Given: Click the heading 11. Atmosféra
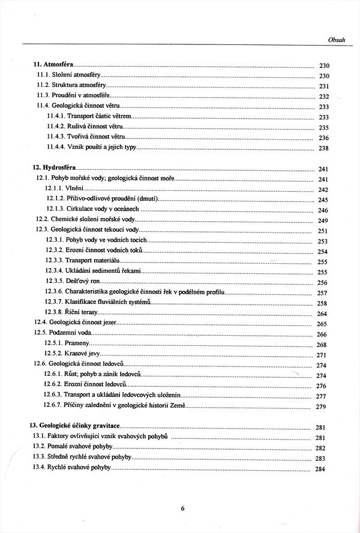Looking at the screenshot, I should click(51, 65).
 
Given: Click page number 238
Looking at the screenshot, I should click(324, 148).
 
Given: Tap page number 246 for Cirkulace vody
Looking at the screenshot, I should click(323, 210).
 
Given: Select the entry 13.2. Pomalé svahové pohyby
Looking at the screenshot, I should click(75, 447).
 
